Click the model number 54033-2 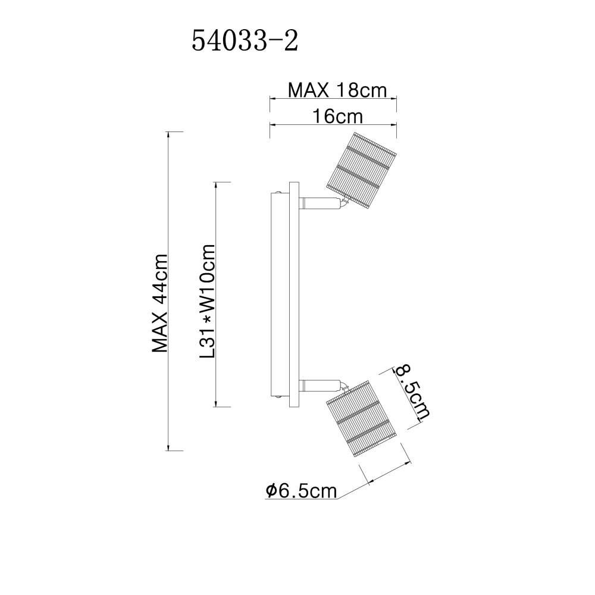click(245, 41)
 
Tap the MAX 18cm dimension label click(337, 90)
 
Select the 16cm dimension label click(337, 116)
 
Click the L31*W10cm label click(208, 301)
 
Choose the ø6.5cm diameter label click(301, 491)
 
